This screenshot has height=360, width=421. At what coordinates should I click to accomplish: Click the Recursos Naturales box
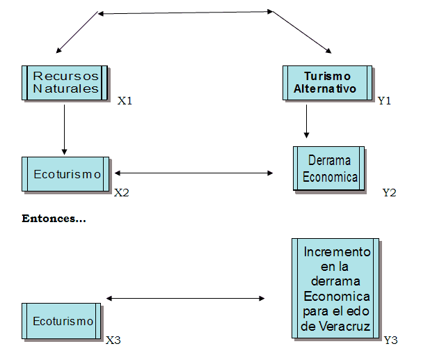[65, 82]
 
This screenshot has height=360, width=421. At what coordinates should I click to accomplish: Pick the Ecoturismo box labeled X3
[63, 321]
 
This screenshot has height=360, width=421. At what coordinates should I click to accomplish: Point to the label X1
[125, 101]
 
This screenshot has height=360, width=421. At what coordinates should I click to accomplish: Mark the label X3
[113, 341]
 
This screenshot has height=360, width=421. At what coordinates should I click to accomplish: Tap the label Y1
[384, 101]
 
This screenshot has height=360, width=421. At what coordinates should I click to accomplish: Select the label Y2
[389, 193]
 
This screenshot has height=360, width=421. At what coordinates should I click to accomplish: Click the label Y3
[391, 341]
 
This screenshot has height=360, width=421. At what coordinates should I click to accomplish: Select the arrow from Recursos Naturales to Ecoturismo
[64, 129]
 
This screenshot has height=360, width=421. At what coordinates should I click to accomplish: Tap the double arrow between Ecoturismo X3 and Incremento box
[185, 299]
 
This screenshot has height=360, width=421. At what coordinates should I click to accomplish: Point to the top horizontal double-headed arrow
[185, 12]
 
